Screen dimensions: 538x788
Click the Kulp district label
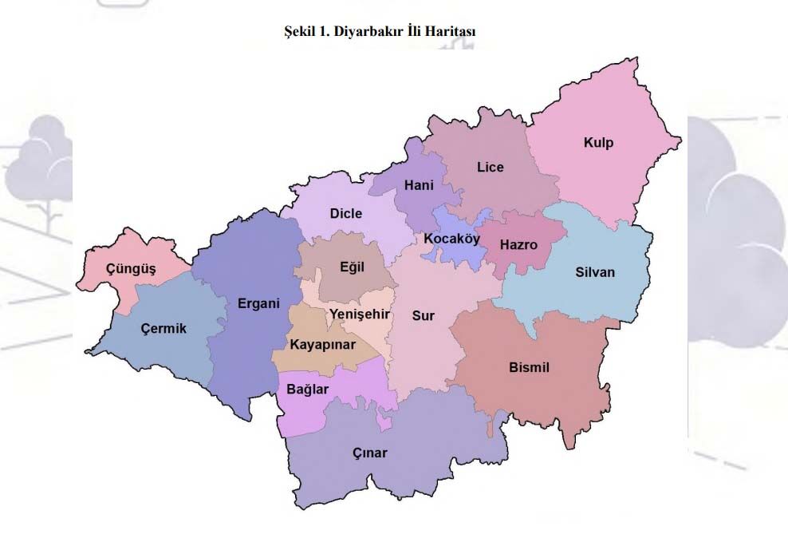tap(598, 143)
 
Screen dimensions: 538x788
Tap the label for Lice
tap(491, 167)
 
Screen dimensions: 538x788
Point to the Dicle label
tap(346, 213)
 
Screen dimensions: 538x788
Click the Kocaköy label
tap(451, 239)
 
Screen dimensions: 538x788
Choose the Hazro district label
tap(518, 244)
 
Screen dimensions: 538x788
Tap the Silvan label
tap(595, 272)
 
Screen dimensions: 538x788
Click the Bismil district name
tap(530, 367)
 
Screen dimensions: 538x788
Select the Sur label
tap(423, 316)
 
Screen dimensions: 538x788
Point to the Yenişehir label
tap(360, 314)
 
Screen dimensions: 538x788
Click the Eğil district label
tap(352, 267)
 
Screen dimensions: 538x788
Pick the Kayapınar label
tap(322, 345)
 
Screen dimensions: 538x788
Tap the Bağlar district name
tap(307, 389)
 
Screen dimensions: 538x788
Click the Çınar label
tap(370, 453)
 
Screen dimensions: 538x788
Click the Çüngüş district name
tap(132, 268)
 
